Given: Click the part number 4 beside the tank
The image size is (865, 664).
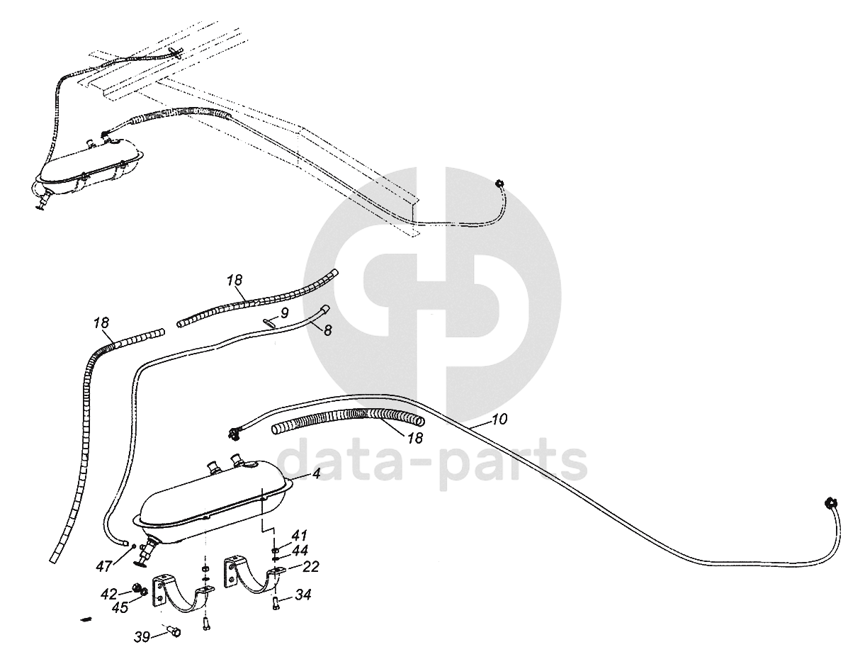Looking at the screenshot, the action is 316,475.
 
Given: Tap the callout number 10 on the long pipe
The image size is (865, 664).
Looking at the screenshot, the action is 498,420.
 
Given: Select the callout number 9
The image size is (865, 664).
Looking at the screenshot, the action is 284,312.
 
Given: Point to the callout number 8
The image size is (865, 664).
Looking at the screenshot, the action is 327,330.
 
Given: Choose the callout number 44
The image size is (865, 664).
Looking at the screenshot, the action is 300,550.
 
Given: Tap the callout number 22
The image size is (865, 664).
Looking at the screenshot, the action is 310,566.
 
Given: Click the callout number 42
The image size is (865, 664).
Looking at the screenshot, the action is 109,593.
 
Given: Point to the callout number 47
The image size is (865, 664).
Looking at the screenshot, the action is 105,565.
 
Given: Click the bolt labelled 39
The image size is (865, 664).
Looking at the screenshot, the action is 172,631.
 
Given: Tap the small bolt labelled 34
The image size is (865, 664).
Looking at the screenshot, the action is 275,604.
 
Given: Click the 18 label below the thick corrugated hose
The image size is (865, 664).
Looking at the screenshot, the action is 415,438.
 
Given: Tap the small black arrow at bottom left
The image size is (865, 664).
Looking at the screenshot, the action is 86,619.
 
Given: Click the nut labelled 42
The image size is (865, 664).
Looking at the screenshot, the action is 135,588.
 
